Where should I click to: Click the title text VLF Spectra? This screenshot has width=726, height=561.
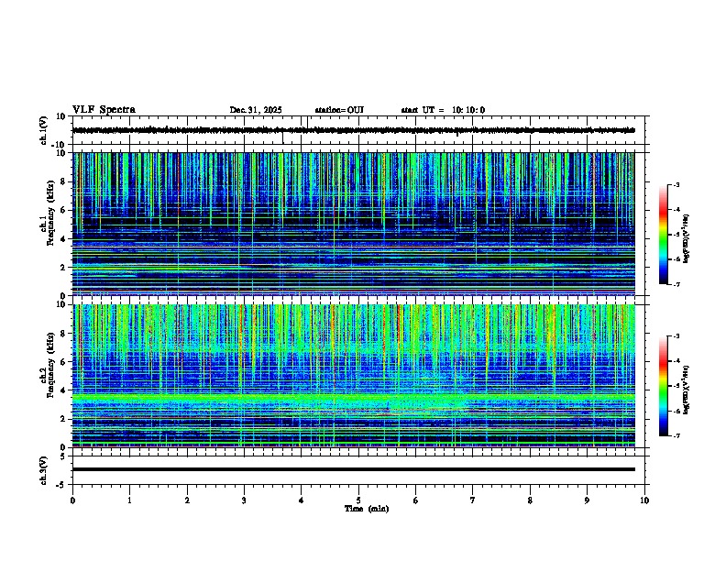pos(104,109)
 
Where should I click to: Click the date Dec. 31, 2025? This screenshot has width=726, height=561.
pos(256,110)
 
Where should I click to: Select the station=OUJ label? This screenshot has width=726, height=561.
pos(339,110)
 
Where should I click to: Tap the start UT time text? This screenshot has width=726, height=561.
pos(443,110)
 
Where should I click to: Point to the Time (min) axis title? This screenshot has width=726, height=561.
pos(366,508)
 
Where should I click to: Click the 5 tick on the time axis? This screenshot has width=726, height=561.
pos(358,500)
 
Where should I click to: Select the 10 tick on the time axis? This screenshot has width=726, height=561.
pos(644,500)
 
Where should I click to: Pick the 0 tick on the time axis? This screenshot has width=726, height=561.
pos(72,500)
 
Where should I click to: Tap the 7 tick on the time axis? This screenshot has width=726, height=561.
pos(473,500)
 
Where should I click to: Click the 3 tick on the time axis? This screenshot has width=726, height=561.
pos(244,500)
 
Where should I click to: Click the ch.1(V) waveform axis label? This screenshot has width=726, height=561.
pos(44,130)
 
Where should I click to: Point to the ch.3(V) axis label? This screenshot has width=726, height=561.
pos(44,469)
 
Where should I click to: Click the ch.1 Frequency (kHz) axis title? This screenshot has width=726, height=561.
pos(49,224)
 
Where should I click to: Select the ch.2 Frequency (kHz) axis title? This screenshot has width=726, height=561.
pos(49,374)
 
